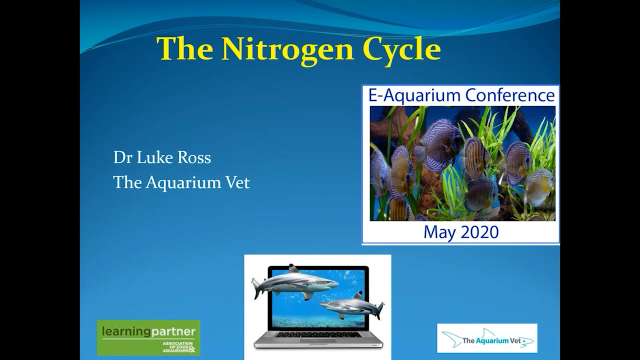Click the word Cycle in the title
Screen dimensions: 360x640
tap(401, 49)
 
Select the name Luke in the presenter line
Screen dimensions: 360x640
tap(156, 157)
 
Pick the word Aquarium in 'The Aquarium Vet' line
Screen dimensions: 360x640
tap(183, 182)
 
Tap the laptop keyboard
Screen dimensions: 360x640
tap(318, 334)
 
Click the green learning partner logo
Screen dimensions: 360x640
tap(148, 337)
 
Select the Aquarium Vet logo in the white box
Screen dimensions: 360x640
tap(487, 338)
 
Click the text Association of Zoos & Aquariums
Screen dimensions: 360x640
tap(177, 347)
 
